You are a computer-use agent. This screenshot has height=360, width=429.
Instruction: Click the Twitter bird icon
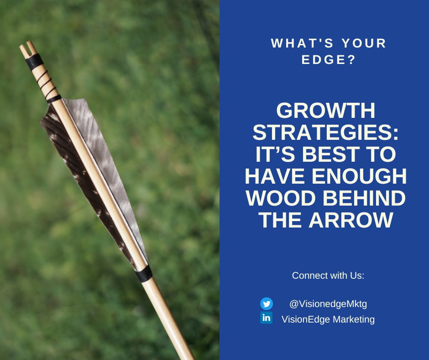click(x=267, y=303)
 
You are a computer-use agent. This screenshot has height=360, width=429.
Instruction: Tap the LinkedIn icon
click(x=267, y=318)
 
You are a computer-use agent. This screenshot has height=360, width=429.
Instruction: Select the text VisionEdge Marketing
click(x=328, y=319)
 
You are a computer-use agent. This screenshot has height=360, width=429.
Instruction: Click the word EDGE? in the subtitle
click(x=329, y=60)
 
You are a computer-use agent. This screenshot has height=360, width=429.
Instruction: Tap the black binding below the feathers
click(x=143, y=274)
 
